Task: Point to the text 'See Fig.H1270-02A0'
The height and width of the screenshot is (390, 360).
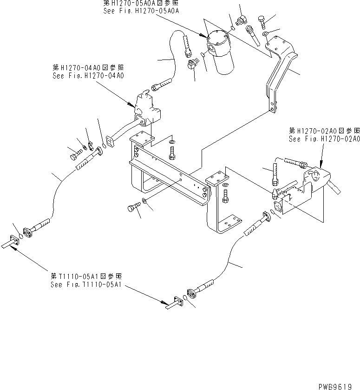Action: point(324,139)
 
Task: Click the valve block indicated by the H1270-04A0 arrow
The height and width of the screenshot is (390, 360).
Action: point(148,111)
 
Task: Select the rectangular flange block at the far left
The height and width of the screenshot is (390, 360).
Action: point(13,241)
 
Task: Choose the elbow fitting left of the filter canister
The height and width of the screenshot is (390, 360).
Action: point(191,66)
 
